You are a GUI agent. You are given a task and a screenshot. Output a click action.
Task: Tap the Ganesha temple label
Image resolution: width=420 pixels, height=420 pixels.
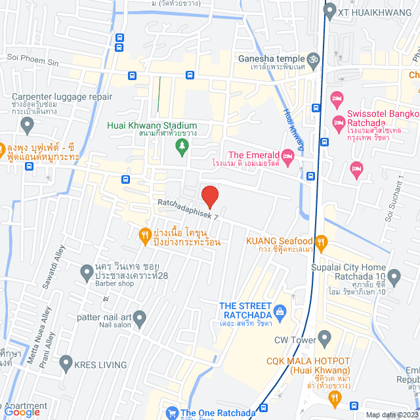click(x=272, y=58)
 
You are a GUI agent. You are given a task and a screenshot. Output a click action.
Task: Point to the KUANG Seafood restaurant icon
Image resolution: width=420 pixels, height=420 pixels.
click(x=320, y=241)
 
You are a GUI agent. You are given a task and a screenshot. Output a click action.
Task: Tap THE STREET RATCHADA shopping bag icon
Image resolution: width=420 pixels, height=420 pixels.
click(x=281, y=310)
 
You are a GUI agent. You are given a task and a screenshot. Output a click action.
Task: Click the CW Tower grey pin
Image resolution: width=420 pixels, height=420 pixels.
click(x=324, y=339)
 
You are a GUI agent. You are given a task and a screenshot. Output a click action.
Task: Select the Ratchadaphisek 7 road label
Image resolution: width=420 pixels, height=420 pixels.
click(x=187, y=208)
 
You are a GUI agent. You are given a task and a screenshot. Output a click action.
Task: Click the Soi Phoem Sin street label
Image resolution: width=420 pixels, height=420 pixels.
click(x=32, y=58)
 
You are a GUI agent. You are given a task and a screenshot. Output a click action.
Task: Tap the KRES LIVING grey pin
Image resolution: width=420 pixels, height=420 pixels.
click(x=66, y=362)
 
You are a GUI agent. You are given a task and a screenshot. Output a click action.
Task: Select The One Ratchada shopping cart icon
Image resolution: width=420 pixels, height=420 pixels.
click(x=172, y=413)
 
